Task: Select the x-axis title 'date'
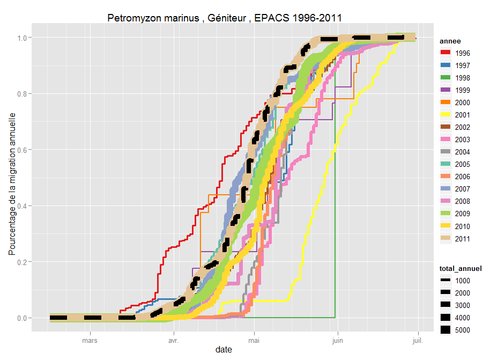pos(224,350)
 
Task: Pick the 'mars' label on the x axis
pos(90,340)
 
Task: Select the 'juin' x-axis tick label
pos(338,340)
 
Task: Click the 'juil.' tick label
pos(418,340)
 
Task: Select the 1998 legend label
pos(462,78)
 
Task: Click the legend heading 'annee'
pos(449,41)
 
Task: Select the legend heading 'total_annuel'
pos(460,268)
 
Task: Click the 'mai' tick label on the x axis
pos(255,340)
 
